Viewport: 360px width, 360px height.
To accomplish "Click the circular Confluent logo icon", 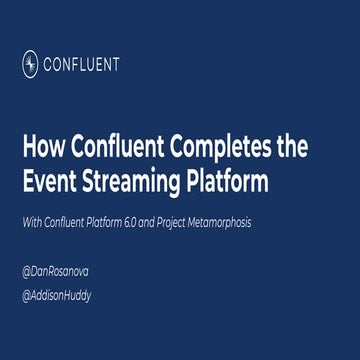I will coord(30,64).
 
